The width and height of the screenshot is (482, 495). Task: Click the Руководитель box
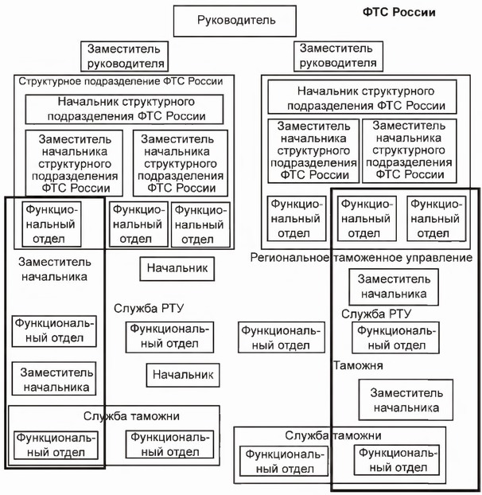point(236,20)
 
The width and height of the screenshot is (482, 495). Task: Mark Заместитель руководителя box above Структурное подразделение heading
point(125,56)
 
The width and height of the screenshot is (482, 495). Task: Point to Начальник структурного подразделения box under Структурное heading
point(126,109)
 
